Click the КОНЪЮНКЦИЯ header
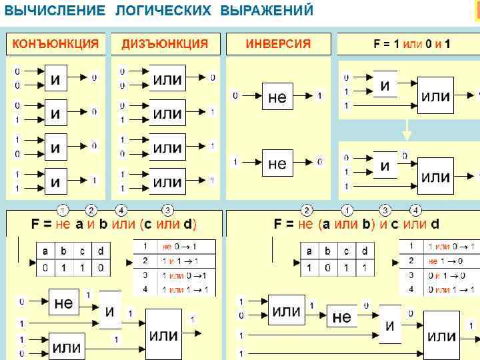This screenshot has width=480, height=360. click(56, 44)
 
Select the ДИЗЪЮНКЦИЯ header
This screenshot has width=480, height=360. click(165, 44)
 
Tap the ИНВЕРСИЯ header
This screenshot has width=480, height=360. click(278, 44)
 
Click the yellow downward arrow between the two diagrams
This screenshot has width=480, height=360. click(407, 130)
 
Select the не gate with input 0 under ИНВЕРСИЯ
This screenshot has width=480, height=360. click(277, 97)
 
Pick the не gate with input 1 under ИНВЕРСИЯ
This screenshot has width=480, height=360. click(277, 163)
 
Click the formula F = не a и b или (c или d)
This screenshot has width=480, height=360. click(114, 224)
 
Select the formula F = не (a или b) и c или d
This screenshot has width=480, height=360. click(357, 224)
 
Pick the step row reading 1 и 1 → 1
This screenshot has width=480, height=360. click(179, 261)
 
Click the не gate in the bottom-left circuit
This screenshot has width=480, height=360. click(63, 303)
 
